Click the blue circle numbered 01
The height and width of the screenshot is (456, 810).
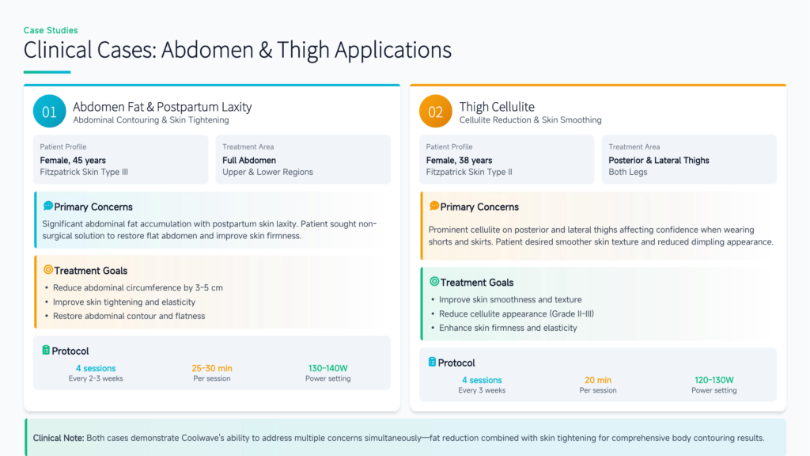(50, 111)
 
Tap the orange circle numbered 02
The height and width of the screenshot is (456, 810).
(436, 111)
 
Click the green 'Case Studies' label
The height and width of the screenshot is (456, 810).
(51, 31)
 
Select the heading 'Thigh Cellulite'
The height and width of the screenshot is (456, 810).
(497, 107)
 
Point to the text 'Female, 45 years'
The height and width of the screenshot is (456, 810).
(73, 160)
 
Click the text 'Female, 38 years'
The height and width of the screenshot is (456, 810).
(459, 160)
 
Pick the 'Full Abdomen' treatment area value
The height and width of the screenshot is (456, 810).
(249, 160)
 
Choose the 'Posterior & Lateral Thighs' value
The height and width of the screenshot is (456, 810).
(659, 160)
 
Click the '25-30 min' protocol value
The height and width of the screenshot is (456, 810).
(212, 368)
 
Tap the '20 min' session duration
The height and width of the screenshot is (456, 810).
(598, 380)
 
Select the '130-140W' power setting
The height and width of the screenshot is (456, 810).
(328, 368)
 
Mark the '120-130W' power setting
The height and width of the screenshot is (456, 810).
(714, 380)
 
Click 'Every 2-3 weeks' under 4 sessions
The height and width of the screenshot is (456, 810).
(96, 378)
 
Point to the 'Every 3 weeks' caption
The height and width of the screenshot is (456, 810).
(482, 390)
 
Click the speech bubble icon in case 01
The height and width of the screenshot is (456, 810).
(48, 206)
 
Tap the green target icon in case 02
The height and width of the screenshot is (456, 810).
(434, 281)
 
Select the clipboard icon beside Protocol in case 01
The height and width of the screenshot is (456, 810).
(46, 350)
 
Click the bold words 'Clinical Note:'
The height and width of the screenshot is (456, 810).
(59, 438)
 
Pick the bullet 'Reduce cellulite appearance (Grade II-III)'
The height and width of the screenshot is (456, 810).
(516, 313)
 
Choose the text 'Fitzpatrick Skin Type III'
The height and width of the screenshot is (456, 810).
(84, 172)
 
